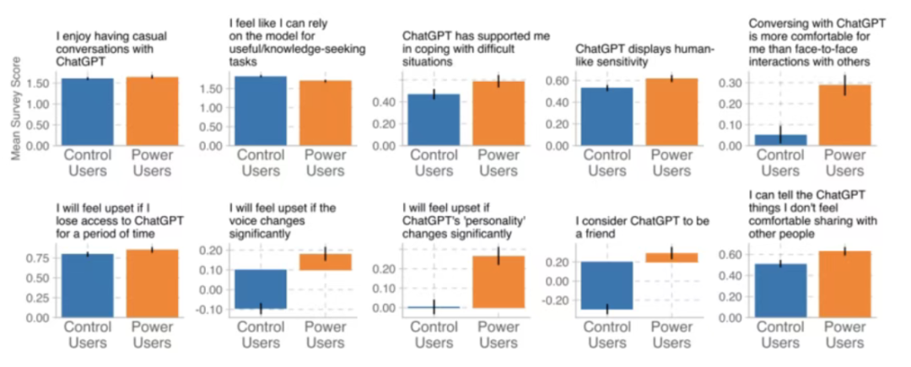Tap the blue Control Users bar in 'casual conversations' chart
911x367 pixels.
pos(87,111)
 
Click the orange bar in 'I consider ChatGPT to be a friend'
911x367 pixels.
pos(671,257)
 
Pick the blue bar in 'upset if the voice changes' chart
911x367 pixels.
pos(260,289)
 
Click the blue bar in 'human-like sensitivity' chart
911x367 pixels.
pos(607,116)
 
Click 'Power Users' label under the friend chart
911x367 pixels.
pos(671,334)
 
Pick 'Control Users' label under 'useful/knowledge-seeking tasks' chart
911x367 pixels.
pos(261,163)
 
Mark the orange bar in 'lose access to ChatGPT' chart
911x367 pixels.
pos(152,283)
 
